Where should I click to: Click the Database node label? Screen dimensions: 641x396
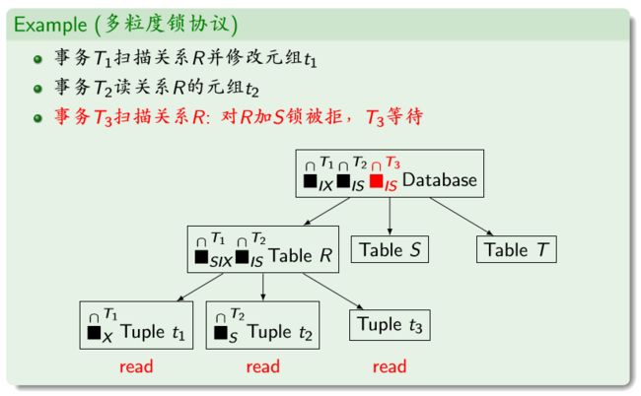440,181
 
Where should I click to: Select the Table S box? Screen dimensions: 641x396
390,249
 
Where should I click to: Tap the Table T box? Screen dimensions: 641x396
518,249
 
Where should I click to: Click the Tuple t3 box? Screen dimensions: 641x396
391,324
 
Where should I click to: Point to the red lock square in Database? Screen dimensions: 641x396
376,181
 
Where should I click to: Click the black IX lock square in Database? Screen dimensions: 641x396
311,181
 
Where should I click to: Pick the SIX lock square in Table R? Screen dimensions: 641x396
202,257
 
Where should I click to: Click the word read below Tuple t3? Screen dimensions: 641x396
391,367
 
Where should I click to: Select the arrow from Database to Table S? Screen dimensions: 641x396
390,215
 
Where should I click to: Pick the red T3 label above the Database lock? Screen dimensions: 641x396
392,162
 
